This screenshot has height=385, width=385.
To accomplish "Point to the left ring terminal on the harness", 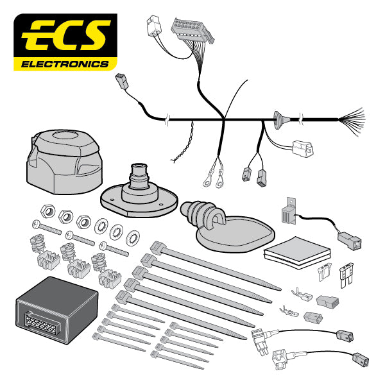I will (x=208, y=182).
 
